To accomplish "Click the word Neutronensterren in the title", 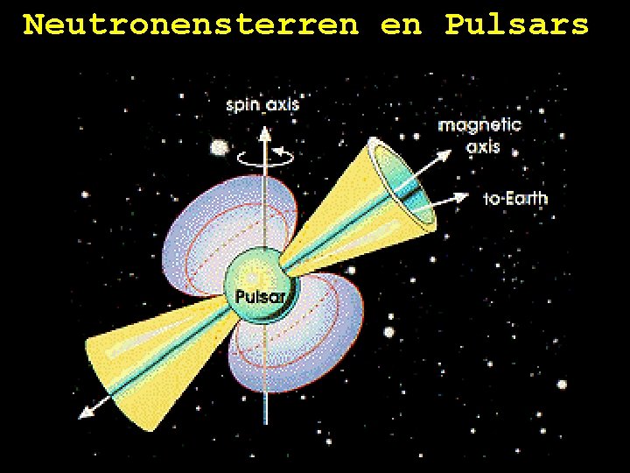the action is pos(191,25).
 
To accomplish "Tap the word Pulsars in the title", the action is pos(516,25).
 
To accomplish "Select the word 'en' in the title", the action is pos(401,25).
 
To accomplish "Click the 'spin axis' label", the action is pos(262,105).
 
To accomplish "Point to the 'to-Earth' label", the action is pos(515,199).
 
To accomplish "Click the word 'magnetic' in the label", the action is pos(479,125).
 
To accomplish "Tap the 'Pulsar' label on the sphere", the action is pos(260,297).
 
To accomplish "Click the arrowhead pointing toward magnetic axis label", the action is pos(445,153).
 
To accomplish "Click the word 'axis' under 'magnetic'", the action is pos(483,146).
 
